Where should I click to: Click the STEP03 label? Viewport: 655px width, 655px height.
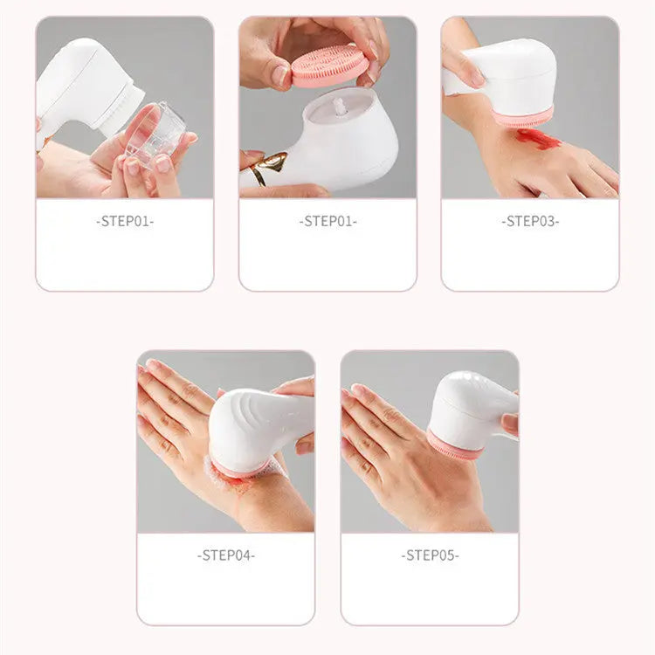pyautogui.click(x=529, y=222)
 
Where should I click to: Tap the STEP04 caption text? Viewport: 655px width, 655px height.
pyautogui.click(x=226, y=555)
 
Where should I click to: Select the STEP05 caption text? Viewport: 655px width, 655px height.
pyautogui.click(x=430, y=555)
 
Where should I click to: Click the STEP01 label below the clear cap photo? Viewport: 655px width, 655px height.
pyautogui.click(x=124, y=222)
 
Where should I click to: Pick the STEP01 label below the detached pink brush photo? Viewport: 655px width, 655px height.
pyautogui.click(x=327, y=222)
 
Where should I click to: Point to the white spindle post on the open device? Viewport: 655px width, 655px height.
pyautogui.click(x=339, y=108)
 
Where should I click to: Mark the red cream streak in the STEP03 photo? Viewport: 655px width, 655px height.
pyautogui.click(x=538, y=138)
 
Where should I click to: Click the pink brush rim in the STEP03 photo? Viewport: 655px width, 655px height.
pyautogui.click(x=523, y=118)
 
